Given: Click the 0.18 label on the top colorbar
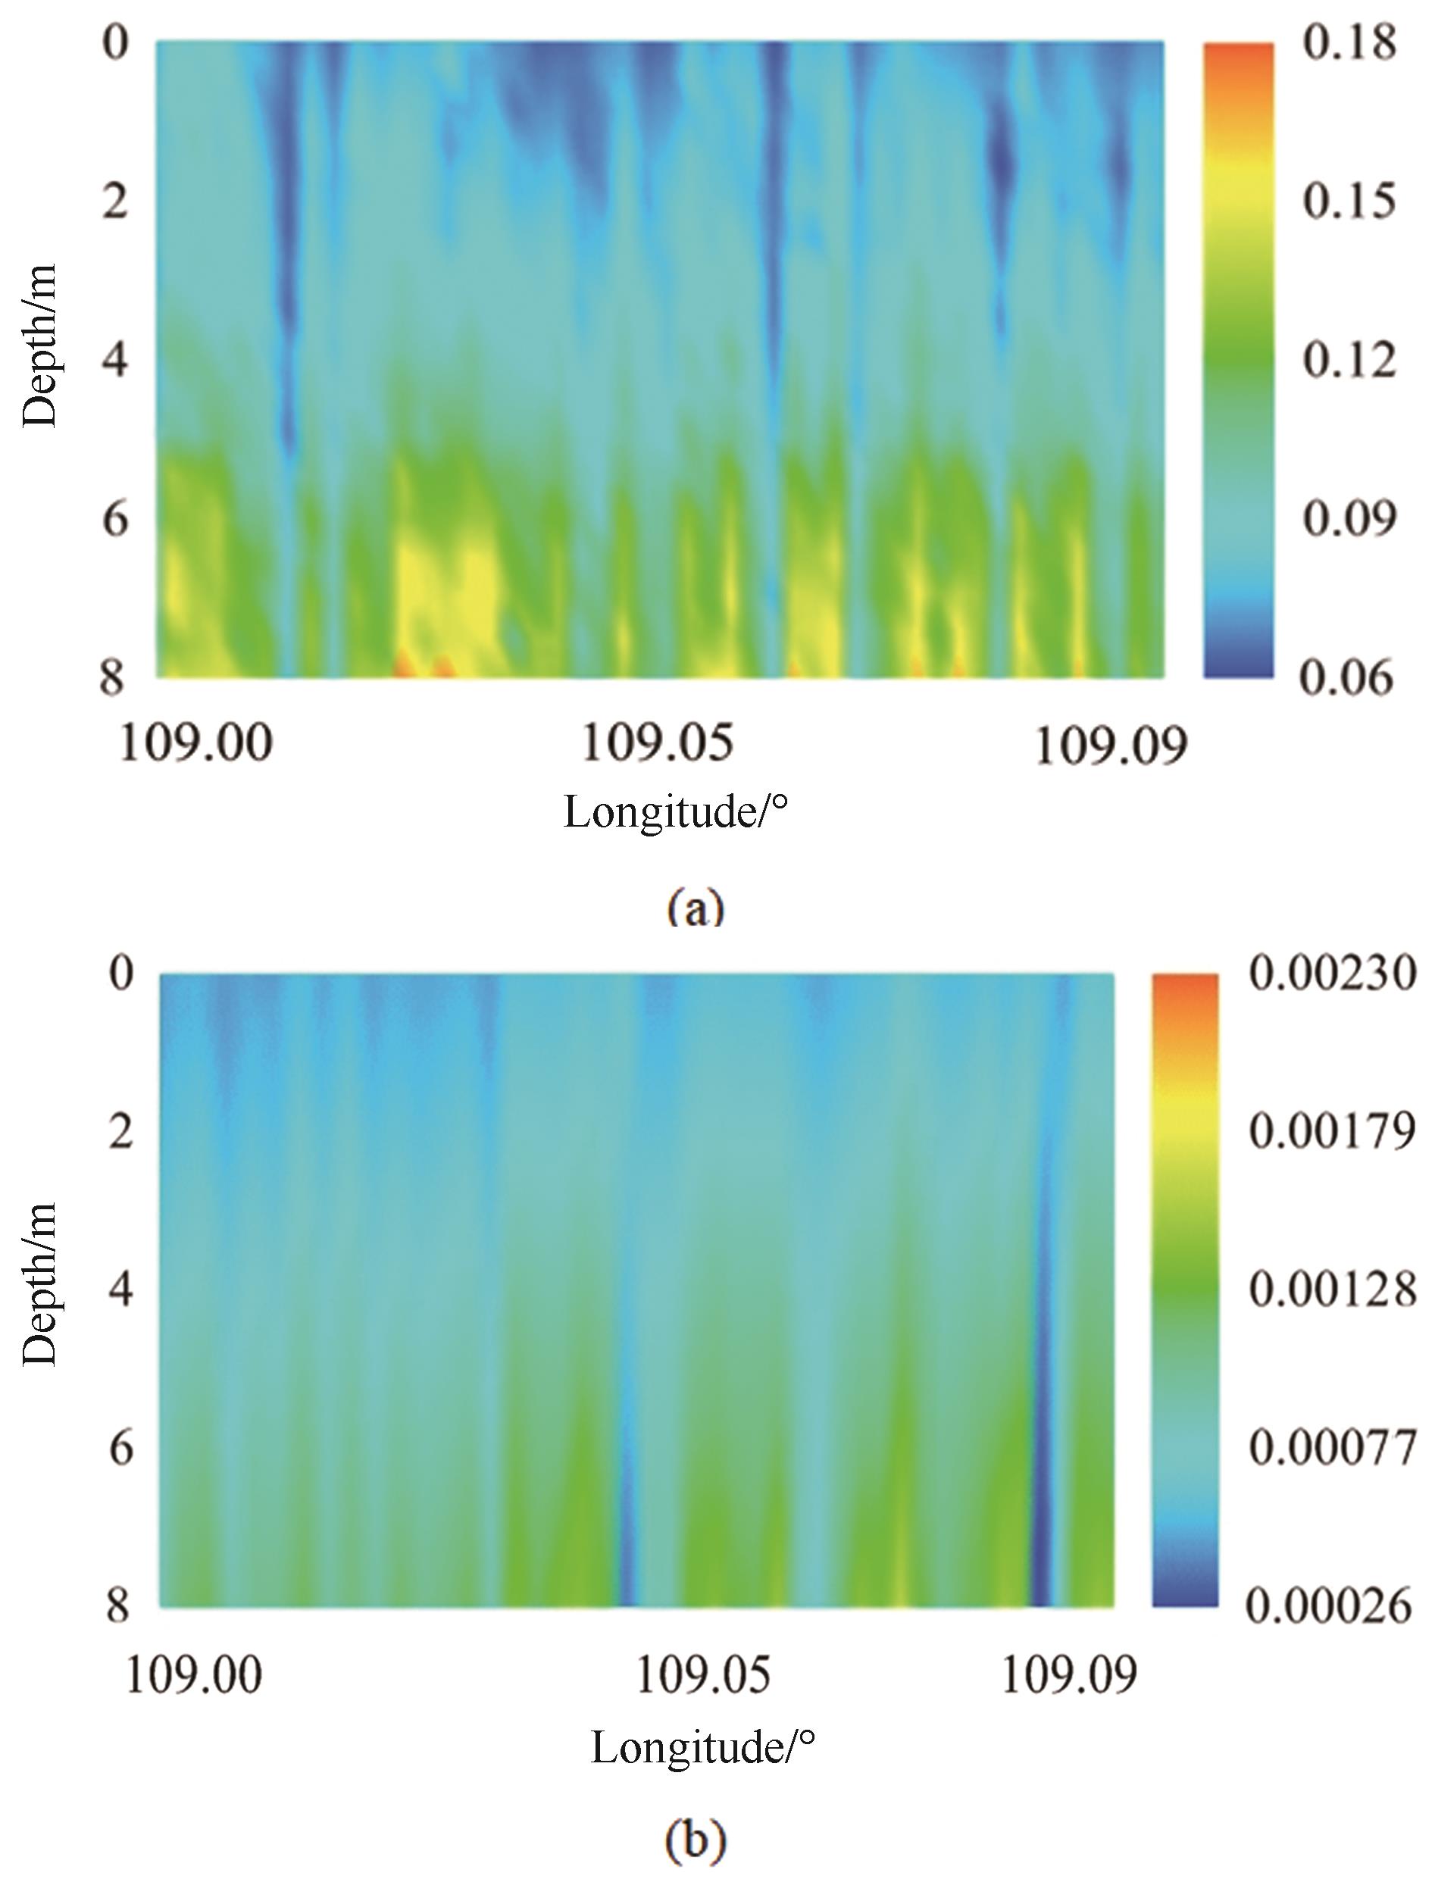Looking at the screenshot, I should coord(1349,41).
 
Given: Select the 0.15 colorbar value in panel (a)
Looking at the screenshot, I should coord(1349,201).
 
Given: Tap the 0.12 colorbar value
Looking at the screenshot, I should coord(1349,360).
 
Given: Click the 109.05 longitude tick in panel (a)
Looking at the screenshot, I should coord(657,743).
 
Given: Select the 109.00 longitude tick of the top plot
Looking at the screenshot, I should coord(195,743).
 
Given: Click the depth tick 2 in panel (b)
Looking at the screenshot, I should coord(120,1132).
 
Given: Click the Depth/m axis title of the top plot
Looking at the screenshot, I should coord(40,346).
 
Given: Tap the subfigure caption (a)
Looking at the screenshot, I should coord(696,907).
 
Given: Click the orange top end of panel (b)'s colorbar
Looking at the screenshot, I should coord(1185,986).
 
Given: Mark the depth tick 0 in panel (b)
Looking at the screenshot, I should coord(121,973).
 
